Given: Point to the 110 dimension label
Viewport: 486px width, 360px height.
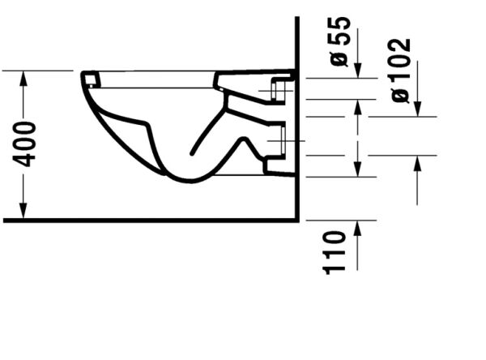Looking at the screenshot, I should [336, 251].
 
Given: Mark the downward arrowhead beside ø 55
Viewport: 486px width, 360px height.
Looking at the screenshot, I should [360, 71].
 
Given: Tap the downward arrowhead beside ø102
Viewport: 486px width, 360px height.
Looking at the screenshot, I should [418, 110].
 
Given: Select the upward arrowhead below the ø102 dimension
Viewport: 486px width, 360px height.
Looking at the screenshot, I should [418, 161].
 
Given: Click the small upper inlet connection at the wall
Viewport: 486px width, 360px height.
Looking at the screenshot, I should [283, 89].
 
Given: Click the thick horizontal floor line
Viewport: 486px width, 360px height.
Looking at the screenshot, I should [146, 220].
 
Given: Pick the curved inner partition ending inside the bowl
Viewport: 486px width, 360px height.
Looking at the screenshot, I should [194, 150].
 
